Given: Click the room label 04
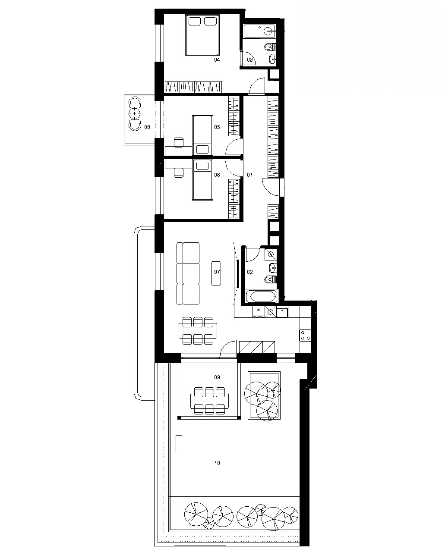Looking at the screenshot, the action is [x=217, y=60].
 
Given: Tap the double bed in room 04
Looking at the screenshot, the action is [x=202, y=35].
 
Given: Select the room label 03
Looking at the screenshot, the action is [x=250, y=60].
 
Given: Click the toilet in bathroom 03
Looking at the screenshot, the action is [x=270, y=47].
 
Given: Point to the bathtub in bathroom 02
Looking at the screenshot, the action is [x=262, y=297].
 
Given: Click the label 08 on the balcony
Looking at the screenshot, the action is [x=147, y=127].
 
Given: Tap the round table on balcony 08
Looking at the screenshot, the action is [x=135, y=113].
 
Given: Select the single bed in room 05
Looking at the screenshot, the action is [x=202, y=135].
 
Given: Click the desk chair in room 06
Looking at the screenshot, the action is [x=179, y=172].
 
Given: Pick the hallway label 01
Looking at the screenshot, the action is [x=249, y=175].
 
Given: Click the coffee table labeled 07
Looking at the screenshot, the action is [x=216, y=273].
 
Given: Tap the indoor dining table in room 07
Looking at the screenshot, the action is [x=198, y=331].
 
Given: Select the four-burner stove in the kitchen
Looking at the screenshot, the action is [x=305, y=335].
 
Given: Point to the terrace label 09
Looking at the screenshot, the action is [x=217, y=377].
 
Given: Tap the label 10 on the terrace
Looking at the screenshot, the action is [x=217, y=463].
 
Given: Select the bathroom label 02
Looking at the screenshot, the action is [x=250, y=272].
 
